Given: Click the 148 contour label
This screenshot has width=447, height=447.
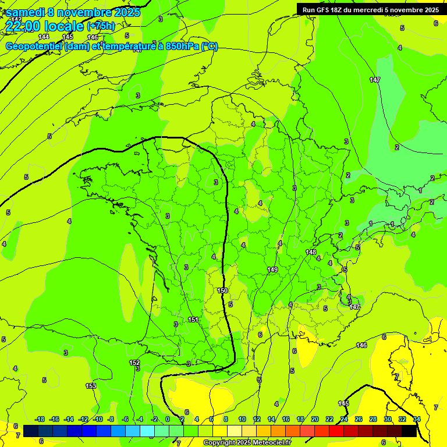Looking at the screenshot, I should point(311,252).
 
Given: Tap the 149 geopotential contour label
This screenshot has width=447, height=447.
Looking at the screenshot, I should point(272,269).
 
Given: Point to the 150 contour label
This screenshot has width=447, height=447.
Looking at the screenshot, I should point(222,290).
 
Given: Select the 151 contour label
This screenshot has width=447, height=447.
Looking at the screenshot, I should point(193,320).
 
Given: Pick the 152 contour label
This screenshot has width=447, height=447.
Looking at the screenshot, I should point(134,363).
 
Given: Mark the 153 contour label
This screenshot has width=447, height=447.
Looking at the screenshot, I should point(91,386).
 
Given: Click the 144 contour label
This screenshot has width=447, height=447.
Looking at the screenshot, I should point(44,37).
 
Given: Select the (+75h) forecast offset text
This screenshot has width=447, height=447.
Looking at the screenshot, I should point(101,26).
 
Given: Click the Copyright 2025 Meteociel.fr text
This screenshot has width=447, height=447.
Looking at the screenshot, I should point(247,443).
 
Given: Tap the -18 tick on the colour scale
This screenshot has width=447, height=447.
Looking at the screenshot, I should point(40,419).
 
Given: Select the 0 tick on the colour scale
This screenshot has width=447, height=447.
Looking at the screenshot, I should point(168,419).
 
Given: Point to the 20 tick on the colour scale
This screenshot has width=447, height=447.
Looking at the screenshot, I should point(315,419).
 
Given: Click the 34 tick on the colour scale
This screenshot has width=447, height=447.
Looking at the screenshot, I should point(417,419).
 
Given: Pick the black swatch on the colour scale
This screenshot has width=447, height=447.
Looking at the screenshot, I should point(409,431).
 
